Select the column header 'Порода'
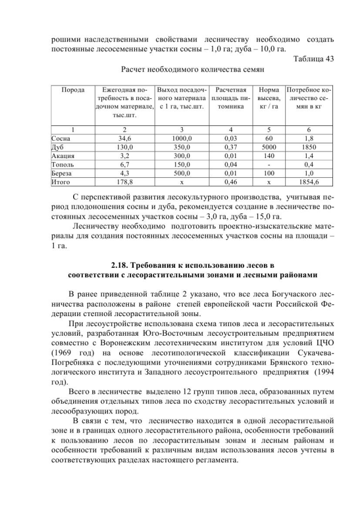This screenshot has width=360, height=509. point(73,89)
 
